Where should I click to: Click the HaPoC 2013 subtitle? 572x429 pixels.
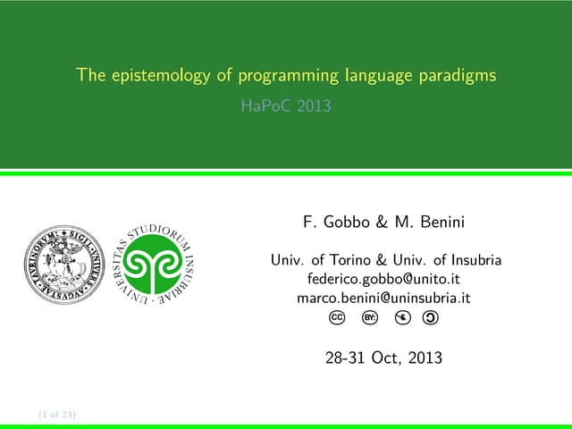click(x=286, y=105)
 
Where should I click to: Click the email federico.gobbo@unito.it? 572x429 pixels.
click(x=384, y=279)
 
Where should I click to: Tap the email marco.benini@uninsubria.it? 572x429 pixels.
click(x=384, y=298)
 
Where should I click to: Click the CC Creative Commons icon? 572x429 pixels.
click(x=337, y=317)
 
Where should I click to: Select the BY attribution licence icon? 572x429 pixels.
click(x=369, y=317)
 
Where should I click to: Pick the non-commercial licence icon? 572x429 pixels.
click(x=401, y=317)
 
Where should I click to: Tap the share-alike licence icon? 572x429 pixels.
click(x=432, y=317)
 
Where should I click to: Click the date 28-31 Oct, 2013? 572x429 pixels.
click(x=384, y=359)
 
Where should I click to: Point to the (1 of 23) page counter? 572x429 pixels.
click(x=57, y=415)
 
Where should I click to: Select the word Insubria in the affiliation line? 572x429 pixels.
click(x=475, y=260)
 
